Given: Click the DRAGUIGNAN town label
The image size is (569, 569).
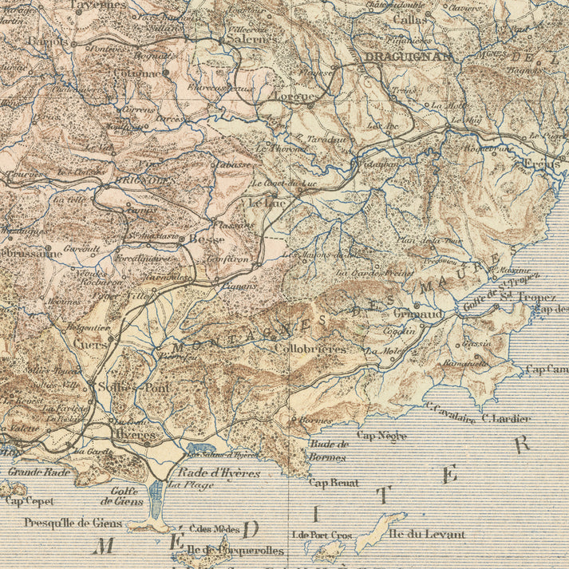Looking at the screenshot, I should point(408,57).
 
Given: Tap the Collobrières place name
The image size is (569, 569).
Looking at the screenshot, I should point(310,349).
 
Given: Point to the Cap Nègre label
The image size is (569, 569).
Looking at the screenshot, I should point(381,436).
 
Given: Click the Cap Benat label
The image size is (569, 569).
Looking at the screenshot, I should point(334,483).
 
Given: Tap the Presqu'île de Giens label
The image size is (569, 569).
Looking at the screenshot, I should point(73,523).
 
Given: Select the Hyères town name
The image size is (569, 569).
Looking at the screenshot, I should point(136,434).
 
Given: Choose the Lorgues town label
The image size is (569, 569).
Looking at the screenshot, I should point(296,96).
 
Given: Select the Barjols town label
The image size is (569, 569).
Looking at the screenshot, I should point(46,41).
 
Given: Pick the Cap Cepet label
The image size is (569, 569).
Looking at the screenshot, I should point(30,501).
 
